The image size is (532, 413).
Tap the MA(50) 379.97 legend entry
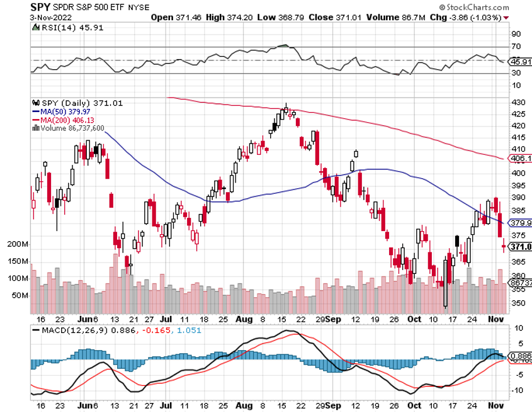point(60,111)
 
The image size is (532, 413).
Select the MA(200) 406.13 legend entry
point(62,120)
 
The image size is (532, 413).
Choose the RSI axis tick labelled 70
point(516,47)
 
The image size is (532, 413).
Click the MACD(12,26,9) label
point(69,330)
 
